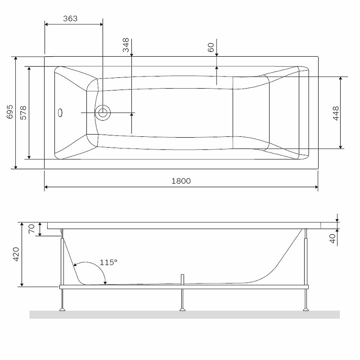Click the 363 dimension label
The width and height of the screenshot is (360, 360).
tap(70, 18)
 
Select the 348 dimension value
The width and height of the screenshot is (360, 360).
tap(126, 45)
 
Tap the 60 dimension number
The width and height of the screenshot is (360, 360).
tap(211, 47)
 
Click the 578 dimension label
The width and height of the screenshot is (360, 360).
tap(23, 112)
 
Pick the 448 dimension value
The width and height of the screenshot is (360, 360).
tap(335, 113)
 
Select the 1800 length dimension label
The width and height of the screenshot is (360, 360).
tap(181, 181)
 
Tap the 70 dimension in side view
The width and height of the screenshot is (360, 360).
tap(31, 229)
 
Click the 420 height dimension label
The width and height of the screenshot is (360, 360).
tap(16, 254)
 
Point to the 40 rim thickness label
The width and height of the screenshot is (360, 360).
tap(333, 238)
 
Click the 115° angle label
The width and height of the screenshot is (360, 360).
tap(108, 262)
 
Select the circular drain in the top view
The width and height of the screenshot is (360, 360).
tap(103, 112)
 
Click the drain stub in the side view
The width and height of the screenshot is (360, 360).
tap(182, 279)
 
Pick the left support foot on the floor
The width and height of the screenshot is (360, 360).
tap(63, 309)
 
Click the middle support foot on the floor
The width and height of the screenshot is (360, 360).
tap(182, 309)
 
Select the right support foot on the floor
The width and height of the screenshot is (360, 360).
tap(306, 309)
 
